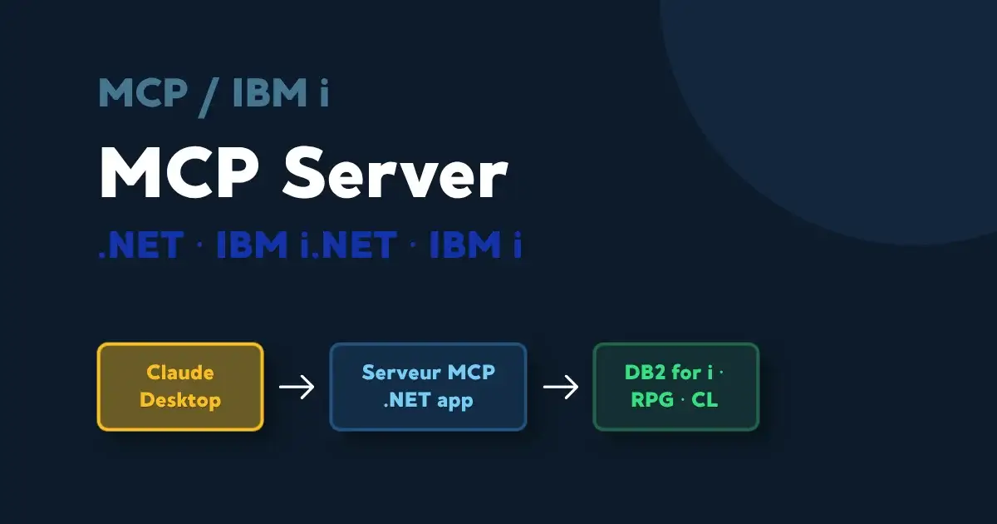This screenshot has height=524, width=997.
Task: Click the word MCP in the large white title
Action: coord(174,175)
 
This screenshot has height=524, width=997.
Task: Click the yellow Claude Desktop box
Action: coord(180,387)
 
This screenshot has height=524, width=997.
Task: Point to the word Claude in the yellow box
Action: coord(180,373)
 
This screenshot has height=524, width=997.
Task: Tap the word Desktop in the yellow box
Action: coord(180,400)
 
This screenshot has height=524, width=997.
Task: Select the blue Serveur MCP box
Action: coord(428,387)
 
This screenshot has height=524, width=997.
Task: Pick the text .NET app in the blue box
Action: coord(428,400)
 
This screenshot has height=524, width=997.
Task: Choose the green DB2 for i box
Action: coord(675,387)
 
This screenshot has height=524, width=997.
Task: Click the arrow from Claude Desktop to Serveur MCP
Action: coord(296,388)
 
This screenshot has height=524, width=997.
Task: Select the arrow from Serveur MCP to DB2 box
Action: coord(560,388)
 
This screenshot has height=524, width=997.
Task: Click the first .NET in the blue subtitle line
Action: coord(140,245)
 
